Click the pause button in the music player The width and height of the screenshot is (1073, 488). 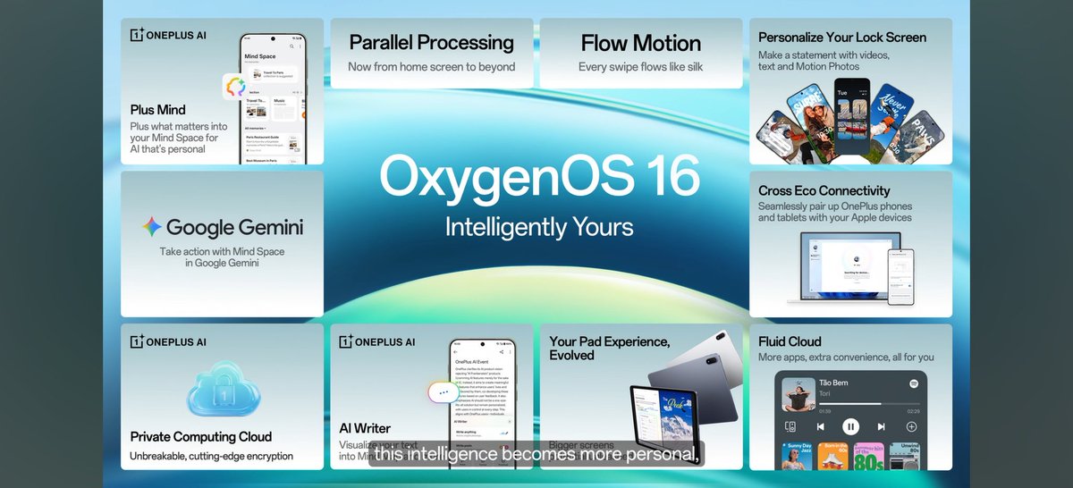click(850, 426)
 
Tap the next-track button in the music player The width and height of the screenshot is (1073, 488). click(881, 426)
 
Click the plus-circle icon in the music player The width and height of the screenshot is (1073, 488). click(911, 426)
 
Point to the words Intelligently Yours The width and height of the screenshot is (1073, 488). click(538, 226)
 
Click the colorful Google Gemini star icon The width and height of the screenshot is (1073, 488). click(152, 227)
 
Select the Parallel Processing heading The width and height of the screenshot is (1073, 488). click(431, 42)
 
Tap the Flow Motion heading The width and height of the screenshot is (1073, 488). click(640, 42)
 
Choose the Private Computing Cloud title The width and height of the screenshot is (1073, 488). click(200, 437)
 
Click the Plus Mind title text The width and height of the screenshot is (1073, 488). click(157, 109)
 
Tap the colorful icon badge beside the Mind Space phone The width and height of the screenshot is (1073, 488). click(235, 88)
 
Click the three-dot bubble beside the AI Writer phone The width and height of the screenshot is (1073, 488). click(444, 392)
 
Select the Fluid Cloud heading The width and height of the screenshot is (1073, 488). click(790, 341)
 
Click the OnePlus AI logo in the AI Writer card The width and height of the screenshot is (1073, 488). click(376, 341)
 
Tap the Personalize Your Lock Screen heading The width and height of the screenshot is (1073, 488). click(841, 38)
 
